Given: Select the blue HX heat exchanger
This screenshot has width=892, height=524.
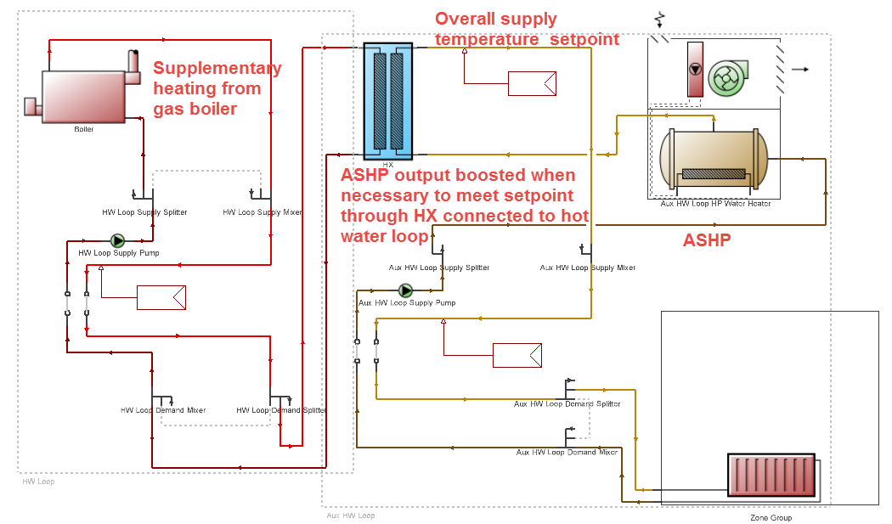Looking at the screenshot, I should [x=387, y=100].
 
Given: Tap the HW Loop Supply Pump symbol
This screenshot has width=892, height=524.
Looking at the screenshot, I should [x=117, y=241].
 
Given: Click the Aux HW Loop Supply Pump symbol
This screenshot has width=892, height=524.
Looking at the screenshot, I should [x=405, y=290].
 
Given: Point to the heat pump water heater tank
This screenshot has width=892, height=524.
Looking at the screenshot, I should [x=714, y=161].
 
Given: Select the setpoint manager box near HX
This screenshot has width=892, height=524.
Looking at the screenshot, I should [x=532, y=83].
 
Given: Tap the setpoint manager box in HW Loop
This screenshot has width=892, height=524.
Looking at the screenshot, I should [x=161, y=297].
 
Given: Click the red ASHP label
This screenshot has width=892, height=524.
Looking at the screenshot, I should [x=707, y=240].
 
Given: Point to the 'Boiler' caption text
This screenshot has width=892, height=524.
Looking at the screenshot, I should [x=84, y=129].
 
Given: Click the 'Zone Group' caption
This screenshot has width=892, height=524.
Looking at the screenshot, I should [x=771, y=517].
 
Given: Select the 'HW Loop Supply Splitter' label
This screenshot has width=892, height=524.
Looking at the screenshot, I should [x=138, y=212].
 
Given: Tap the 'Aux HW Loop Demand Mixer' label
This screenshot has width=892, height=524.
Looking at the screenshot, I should [x=567, y=453].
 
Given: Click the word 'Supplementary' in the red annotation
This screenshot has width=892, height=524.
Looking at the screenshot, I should [x=217, y=69].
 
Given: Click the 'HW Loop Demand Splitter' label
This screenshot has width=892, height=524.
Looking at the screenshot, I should [x=281, y=410].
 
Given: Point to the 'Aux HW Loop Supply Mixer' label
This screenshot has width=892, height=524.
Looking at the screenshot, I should [x=588, y=268].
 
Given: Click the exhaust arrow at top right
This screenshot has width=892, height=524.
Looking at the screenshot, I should [x=799, y=70].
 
